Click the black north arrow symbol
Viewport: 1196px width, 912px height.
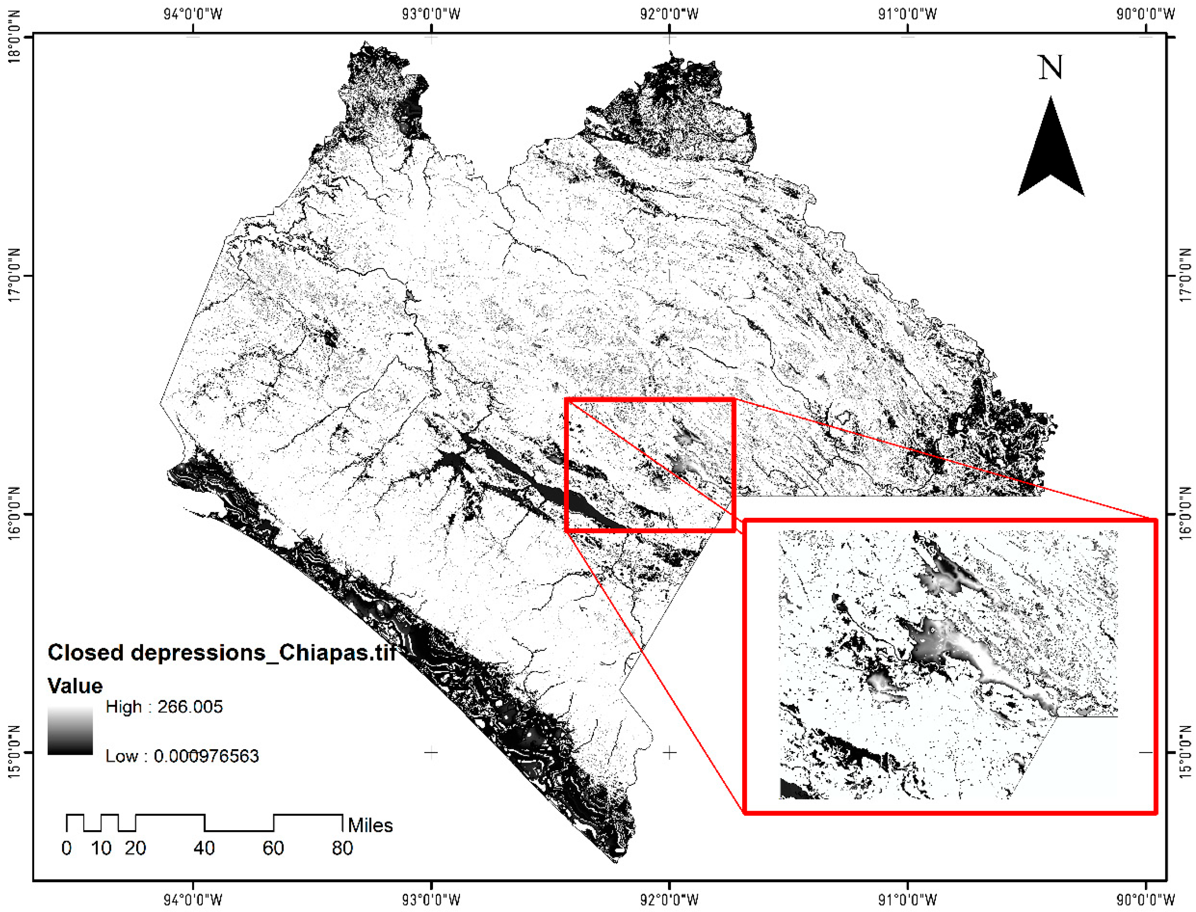pos(1051,152)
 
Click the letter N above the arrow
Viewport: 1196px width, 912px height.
pos(1051,68)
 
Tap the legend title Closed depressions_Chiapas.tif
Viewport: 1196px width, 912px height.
pos(221,652)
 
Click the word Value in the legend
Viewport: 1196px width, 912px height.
pos(75,686)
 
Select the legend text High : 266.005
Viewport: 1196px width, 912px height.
pos(164,707)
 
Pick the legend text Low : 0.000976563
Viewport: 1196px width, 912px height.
pos(182,756)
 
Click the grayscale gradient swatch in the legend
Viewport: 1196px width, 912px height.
pos(70,731)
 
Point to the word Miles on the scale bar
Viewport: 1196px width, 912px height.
pos(370,825)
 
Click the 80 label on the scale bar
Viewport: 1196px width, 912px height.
pos(342,848)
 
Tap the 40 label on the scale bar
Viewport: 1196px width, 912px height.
pos(204,848)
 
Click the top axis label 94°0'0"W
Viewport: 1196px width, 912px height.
pos(193,13)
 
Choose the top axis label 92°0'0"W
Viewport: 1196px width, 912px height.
pos(670,13)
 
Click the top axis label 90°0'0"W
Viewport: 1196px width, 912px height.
pos(1146,13)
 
